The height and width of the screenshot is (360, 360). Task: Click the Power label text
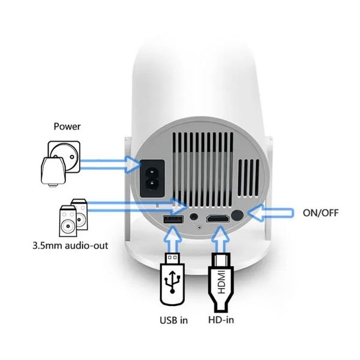[67, 127]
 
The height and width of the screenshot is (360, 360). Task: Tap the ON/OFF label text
[320, 213]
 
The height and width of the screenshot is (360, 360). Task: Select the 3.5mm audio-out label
[70, 245]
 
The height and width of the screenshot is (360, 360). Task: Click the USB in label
[173, 320]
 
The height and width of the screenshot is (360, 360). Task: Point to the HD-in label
[221, 320]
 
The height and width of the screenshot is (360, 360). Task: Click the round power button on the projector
[237, 215]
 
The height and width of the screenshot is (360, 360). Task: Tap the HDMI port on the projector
[218, 218]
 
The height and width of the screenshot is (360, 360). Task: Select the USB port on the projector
[173, 219]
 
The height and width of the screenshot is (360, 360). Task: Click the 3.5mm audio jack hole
[194, 216]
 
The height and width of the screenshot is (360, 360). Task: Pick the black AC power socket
[152, 178]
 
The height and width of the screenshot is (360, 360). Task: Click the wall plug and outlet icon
[61, 164]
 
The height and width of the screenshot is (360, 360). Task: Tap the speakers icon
[73, 218]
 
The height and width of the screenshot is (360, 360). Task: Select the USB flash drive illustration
[172, 279]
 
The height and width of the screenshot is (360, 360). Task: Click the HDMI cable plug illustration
[221, 282]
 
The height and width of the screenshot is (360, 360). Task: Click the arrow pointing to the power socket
[110, 164]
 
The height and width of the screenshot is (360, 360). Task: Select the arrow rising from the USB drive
[173, 239]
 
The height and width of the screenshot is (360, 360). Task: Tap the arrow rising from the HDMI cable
[220, 239]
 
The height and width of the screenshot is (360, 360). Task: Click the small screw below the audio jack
[199, 227]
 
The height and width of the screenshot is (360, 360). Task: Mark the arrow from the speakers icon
[137, 206]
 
